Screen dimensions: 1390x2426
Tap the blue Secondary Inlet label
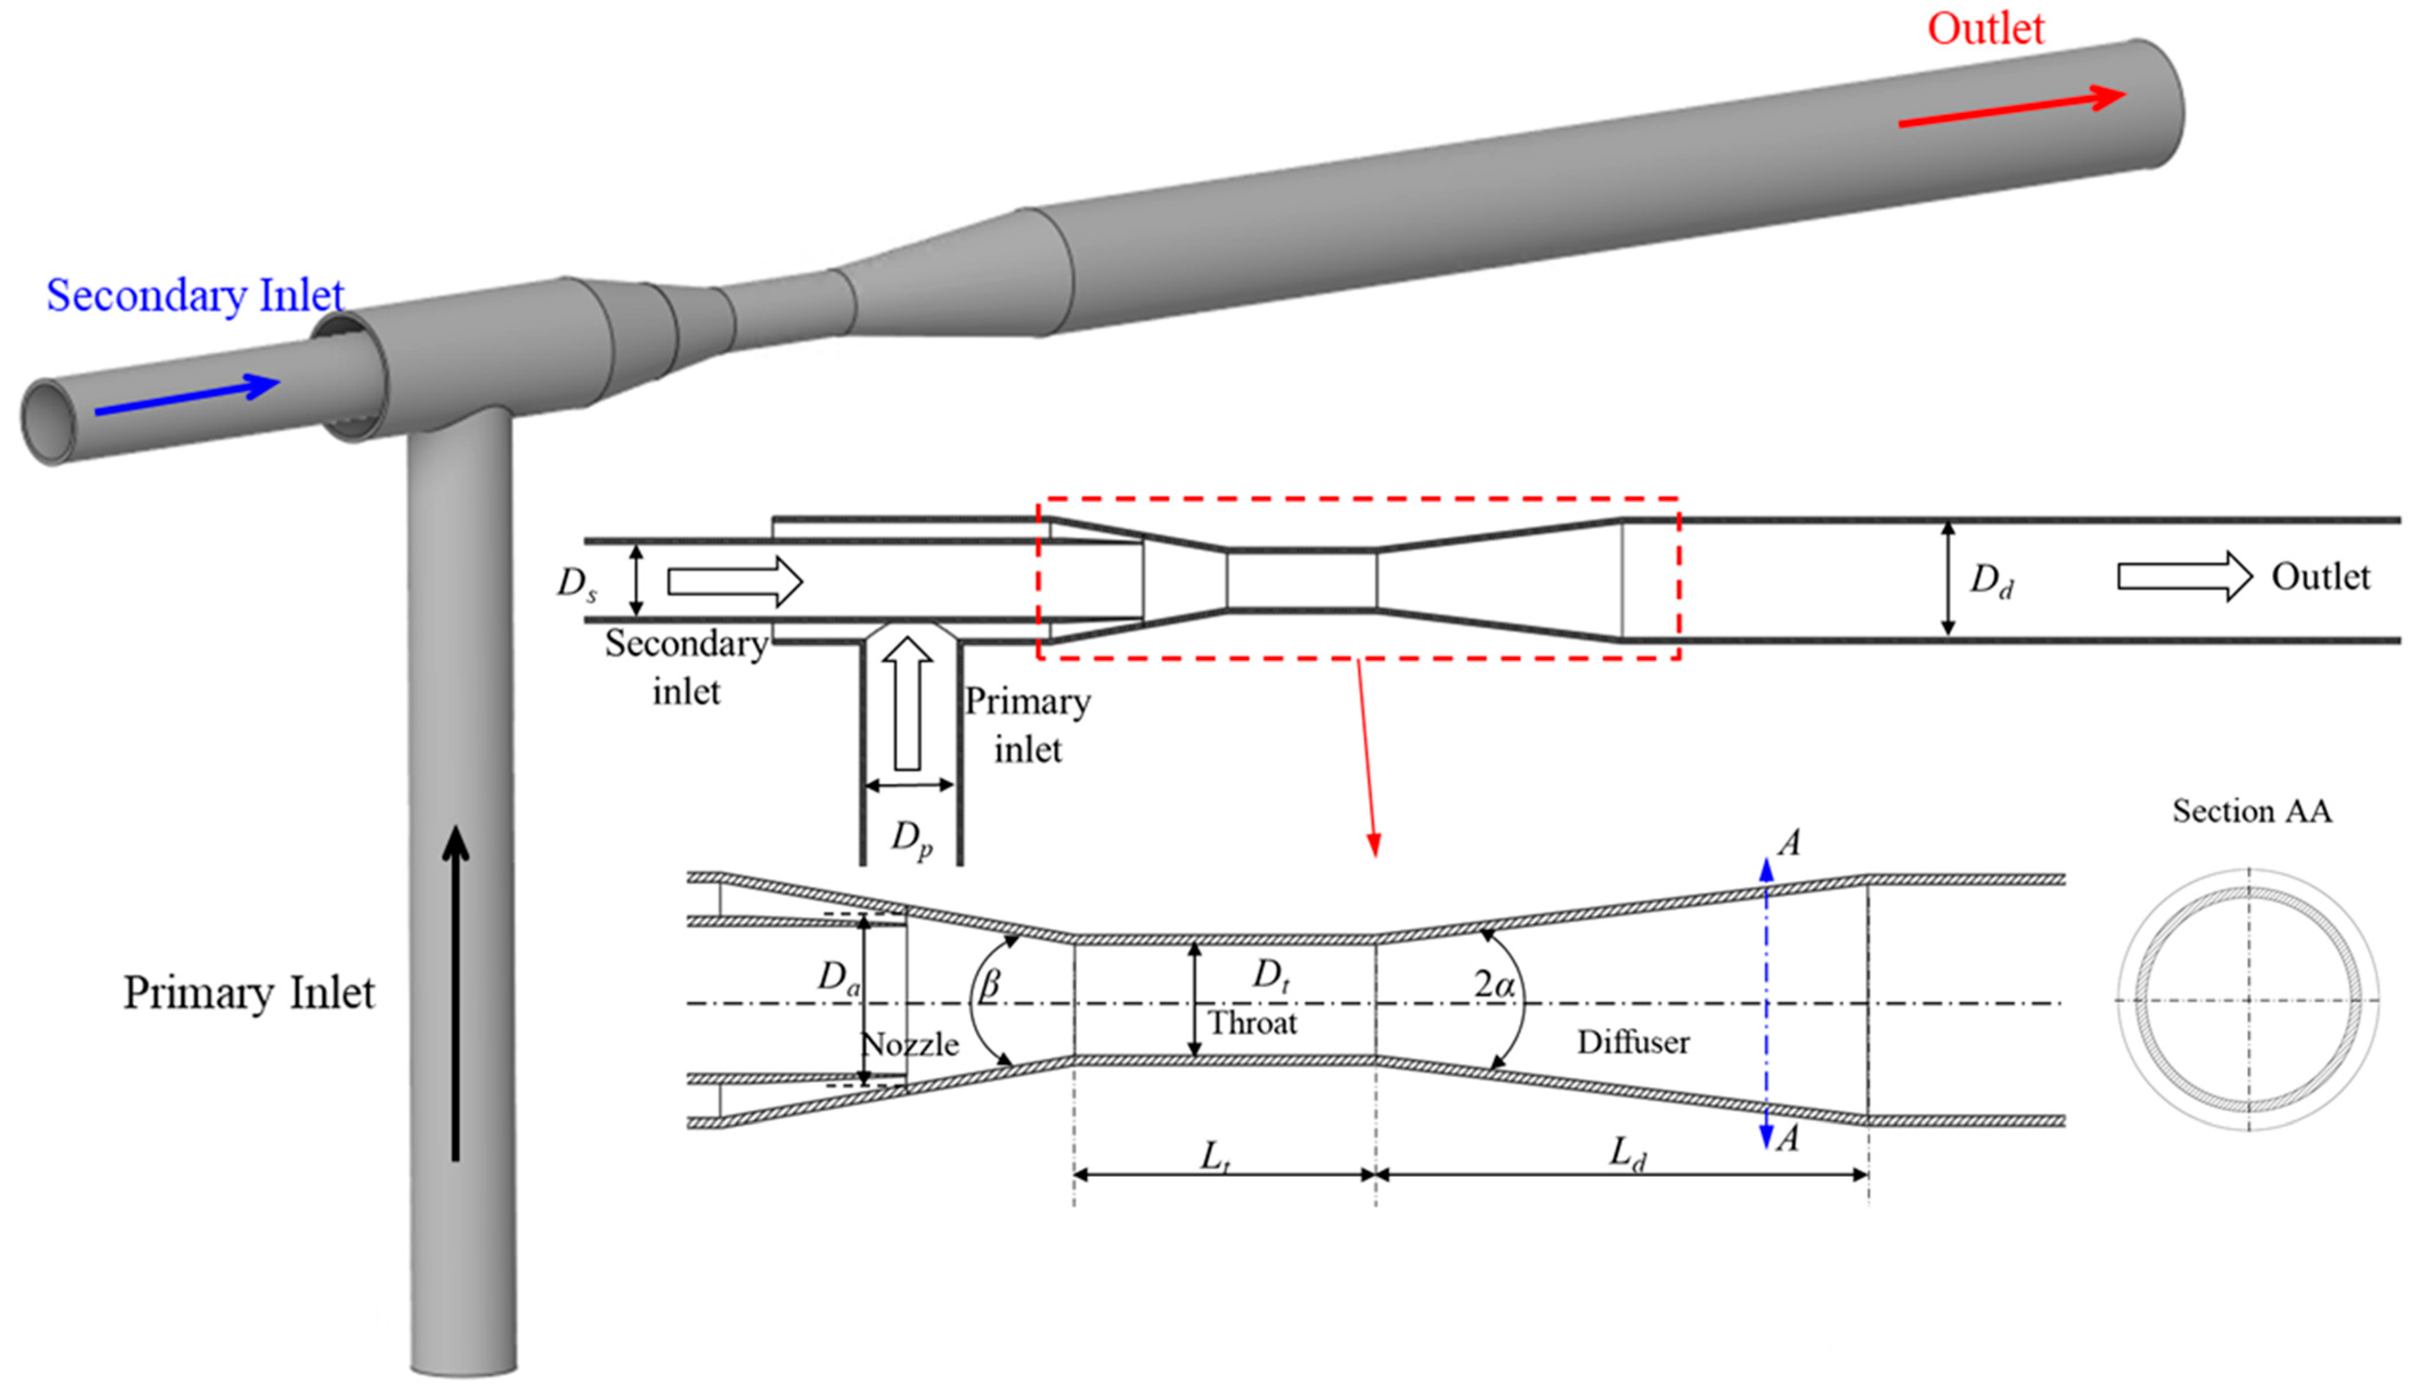click(195, 295)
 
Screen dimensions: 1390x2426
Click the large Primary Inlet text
click(248, 993)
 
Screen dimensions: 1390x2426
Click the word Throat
click(1253, 1023)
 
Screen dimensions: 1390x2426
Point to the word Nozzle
click(910, 1044)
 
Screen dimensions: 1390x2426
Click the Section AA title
click(2251, 811)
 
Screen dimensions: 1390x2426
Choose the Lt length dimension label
click(1214, 1157)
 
